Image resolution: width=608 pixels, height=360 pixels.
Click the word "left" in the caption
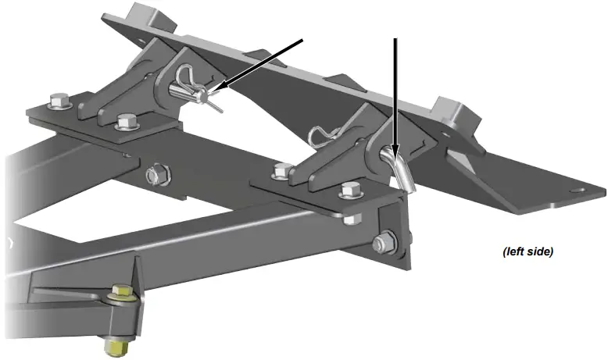coord(517,251)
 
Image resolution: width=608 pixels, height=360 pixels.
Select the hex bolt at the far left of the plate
coord(58,102)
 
